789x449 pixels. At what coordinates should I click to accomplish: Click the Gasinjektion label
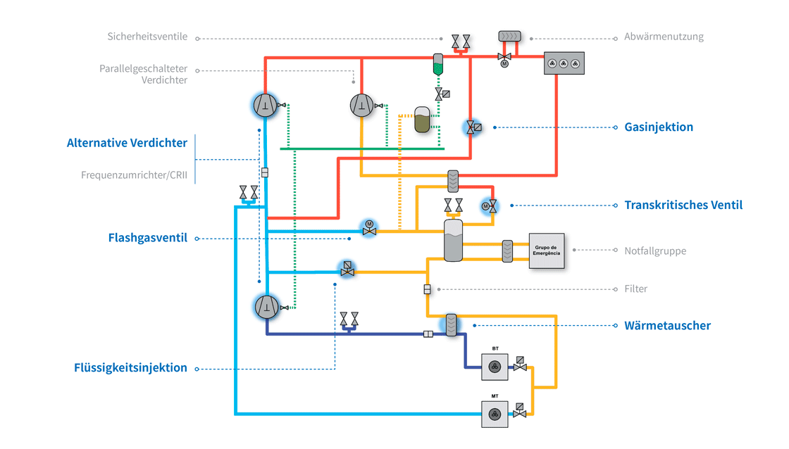[x=659, y=127]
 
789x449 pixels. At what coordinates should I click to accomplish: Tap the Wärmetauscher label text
[x=667, y=325]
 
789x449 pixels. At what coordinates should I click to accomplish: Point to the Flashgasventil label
[x=147, y=238]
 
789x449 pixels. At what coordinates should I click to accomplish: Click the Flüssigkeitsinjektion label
[x=130, y=367]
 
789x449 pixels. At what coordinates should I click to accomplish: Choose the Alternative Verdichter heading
[x=127, y=143]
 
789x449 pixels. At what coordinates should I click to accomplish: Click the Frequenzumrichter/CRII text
[x=134, y=175]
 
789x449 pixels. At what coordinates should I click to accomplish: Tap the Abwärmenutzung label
[x=664, y=37]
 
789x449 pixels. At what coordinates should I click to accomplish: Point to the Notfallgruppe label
[x=655, y=251]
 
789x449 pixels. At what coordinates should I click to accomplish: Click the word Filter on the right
[x=635, y=289]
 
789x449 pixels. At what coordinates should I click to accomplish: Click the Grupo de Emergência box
[x=547, y=251]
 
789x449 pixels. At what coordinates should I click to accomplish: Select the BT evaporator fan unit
[x=495, y=367]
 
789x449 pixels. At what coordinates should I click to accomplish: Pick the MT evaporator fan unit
[x=495, y=414]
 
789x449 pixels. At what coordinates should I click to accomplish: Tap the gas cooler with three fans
[x=564, y=63]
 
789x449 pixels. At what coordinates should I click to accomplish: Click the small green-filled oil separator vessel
[x=437, y=65]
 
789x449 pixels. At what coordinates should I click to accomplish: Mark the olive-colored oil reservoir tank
[x=423, y=120]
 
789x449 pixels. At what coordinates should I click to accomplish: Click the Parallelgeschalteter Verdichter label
[x=143, y=74]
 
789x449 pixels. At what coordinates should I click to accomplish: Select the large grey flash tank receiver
[x=453, y=240]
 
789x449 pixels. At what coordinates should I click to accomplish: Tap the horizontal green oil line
[x=362, y=148]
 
